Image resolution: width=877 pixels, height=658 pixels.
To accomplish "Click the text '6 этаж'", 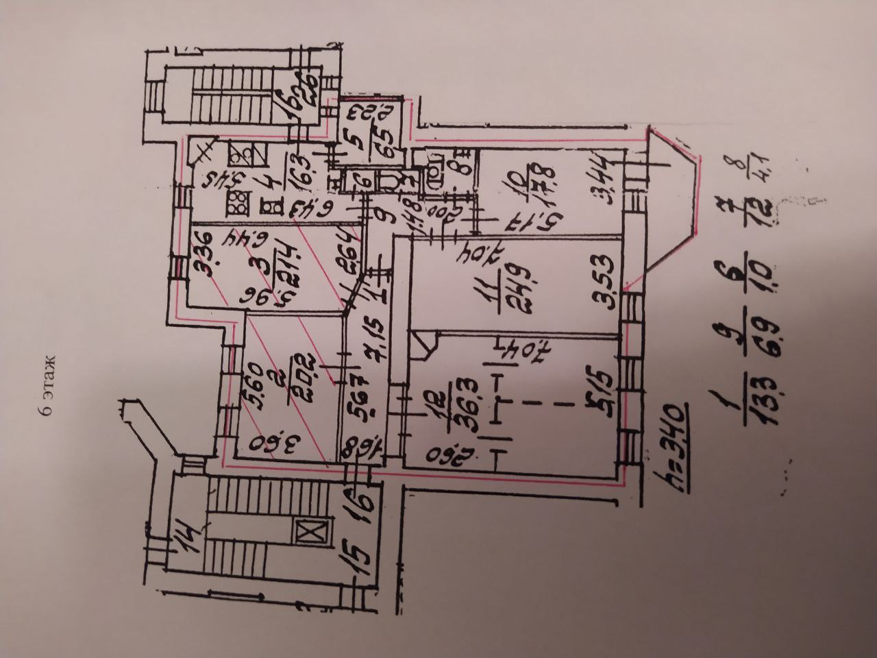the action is [47, 386].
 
